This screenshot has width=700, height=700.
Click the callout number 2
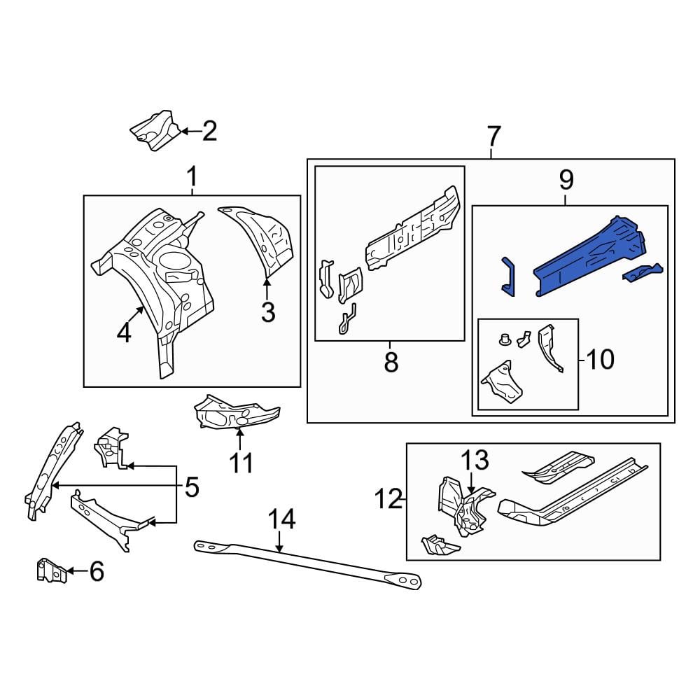click(209, 131)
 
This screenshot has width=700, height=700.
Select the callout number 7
click(493, 136)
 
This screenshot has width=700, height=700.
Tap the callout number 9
click(566, 181)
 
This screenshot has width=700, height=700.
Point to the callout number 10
click(601, 359)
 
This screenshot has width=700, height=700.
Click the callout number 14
click(281, 519)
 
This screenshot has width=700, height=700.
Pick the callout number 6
click(97, 571)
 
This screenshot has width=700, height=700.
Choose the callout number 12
click(388, 498)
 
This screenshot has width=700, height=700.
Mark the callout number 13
click(475, 461)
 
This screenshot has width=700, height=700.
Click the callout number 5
click(192, 487)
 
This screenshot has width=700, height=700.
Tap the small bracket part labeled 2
click(155, 132)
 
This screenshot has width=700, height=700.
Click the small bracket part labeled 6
click(52, 570)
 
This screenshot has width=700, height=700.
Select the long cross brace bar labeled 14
click(308, 564)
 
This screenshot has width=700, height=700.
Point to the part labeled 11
click(236, 412)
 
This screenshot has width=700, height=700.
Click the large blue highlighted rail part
click(590, 257)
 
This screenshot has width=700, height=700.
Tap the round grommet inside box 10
click(505, 339)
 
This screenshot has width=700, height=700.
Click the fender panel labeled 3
click(258, 239)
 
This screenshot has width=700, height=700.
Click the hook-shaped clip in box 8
click(347, 318)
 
